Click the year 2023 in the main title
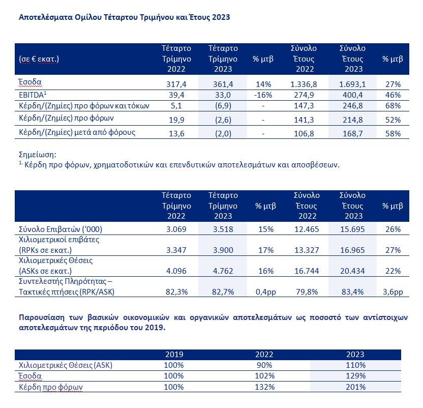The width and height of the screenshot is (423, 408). point(221,17)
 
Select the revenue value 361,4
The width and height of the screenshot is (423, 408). point(223,84)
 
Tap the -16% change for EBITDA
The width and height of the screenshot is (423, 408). point(263,95)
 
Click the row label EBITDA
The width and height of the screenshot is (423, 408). point(33,95)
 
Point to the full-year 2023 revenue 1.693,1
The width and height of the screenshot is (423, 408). point(352,84)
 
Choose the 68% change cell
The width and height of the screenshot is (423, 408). point(393,106)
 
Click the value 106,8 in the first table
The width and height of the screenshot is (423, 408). point(304,133)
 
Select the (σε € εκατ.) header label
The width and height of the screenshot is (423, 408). point(39,59)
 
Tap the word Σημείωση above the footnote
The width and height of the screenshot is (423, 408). point(38,155)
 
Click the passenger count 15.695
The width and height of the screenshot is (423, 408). point(352,229)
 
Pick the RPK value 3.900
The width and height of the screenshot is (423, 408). point(223,250)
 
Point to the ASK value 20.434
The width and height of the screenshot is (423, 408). point(352,271)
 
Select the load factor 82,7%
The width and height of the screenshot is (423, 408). point(223,292)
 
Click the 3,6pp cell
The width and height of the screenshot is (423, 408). point(393,292)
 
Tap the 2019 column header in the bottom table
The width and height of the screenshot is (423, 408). point(174,354)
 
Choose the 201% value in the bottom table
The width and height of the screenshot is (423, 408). point(355,387)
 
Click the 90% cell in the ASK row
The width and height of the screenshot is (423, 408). point(264,365)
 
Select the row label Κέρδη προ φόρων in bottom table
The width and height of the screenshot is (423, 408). point(51,387)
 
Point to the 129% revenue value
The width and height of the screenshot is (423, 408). point(355,376)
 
